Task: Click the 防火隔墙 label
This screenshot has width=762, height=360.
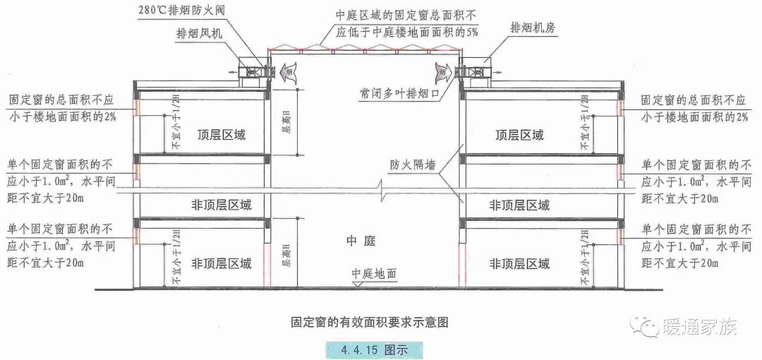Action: click(412, 167)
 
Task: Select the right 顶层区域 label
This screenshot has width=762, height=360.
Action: click(520, 134)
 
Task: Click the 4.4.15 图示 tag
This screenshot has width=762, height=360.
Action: click(372, 349)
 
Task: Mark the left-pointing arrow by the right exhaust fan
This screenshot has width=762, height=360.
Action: click(444, 70)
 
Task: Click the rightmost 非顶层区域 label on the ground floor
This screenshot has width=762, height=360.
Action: click(520, 264)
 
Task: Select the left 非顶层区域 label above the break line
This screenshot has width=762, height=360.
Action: click(222, 205)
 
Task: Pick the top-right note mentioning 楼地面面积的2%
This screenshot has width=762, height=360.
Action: click(695, 108)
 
